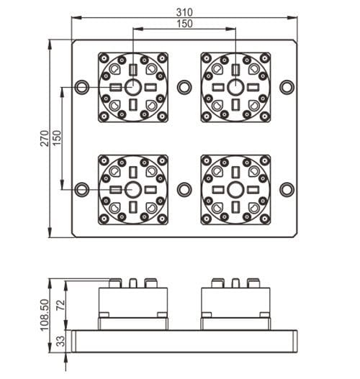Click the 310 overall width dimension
point(184,12)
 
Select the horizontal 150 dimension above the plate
point(184,24)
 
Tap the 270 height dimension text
point(44,138)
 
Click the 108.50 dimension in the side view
point(44,314)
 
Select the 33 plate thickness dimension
point(60,339)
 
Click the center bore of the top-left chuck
point(133,87)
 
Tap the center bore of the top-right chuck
point(235,87)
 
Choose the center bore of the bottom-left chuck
point(133,189)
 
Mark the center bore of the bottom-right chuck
point(235,189)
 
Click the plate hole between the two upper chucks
point(184,87)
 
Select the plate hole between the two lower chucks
point(184,189)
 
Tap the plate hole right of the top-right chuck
point(287,87)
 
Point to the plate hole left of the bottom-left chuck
point(81,189)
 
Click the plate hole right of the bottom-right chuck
point(287,189)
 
